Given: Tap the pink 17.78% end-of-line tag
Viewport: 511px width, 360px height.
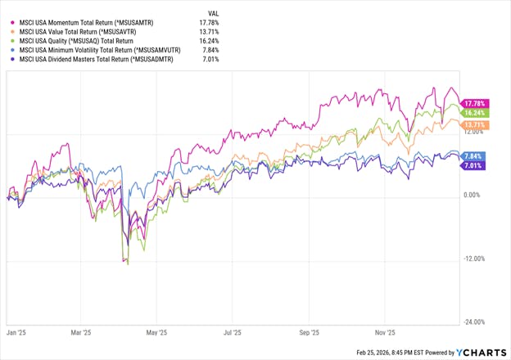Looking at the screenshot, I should click(474, 102).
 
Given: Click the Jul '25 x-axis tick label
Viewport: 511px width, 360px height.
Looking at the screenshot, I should click(233, 334).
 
